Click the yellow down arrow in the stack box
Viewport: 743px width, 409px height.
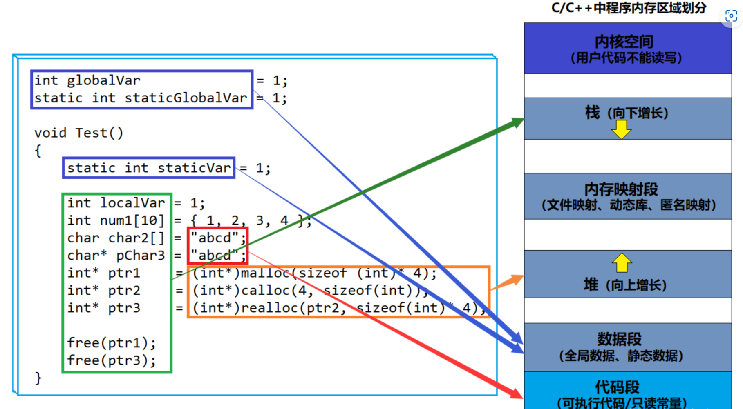click(x=621, y=129)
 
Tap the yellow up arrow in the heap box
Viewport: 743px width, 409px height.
click(x=622, y=262)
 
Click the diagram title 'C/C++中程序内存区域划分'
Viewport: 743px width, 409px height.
click(x=628, y=8)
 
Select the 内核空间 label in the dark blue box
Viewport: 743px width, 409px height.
click(x=624, y=42)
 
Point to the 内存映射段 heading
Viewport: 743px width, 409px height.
click(x=621, y=189)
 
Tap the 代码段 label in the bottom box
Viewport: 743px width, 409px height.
click(x=617, y=387)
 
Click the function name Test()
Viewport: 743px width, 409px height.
click(x=99, y=133)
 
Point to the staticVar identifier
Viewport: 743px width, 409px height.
click(x=194, y=168)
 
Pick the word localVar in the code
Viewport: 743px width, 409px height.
click(x=132, y=203)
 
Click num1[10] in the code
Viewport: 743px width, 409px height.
click(x=132, y=220)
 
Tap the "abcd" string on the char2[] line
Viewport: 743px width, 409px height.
click(x=215, y=238)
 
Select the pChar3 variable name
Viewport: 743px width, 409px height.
click(x=140, y=256)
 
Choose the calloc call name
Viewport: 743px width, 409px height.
click(x=265, y=291)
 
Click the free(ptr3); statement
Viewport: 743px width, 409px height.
click(x=111, y=360)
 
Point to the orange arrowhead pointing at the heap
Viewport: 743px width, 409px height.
click(x=517, y=280)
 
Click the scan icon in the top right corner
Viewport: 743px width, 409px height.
click(x=731, y=16)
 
